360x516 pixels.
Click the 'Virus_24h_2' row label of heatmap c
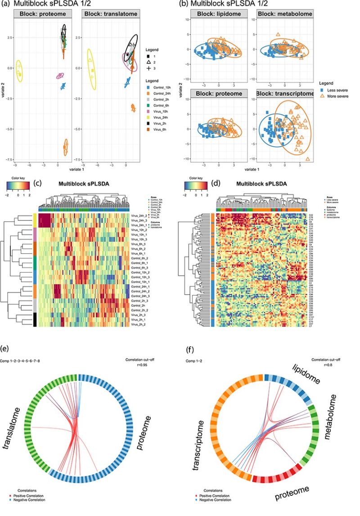[139, 216]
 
